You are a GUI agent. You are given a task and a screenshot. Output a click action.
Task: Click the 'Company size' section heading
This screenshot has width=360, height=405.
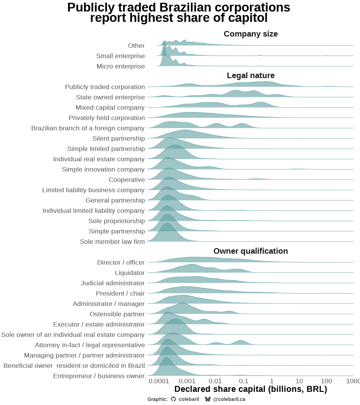[x=251, y=34]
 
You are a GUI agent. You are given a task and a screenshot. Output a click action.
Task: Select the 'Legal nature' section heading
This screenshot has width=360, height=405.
[x=251, y=76]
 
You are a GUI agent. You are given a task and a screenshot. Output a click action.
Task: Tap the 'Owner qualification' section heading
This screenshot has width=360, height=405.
[x=251, y=251]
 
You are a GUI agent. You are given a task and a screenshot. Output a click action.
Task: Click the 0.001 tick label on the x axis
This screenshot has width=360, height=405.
[x=187, y=381]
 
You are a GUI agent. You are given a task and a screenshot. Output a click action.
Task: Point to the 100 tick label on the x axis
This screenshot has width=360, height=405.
[x=327, y=381]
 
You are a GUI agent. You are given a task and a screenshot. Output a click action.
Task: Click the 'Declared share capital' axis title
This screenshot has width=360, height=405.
[x=251, y=389]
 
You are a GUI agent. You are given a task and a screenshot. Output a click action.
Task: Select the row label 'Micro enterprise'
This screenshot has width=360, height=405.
[x=121, y=66]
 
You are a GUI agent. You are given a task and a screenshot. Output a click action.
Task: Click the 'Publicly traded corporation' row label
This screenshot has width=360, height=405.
[x=105, y=87]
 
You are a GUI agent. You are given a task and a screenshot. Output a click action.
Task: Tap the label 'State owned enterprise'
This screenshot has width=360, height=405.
[x=110, y=97]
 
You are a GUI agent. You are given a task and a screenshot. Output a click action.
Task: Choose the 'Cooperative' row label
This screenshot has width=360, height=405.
[x=127, y=180]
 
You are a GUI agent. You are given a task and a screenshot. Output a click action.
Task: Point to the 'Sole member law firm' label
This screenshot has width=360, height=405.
[x=112, y=242]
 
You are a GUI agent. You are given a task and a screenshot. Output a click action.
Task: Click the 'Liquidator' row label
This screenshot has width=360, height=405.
[x=130, y=273]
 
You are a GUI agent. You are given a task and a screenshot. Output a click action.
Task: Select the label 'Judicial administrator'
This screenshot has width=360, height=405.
[x=113, y=283]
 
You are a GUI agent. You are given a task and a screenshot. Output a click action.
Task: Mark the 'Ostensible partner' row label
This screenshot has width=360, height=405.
[x=117, y=314]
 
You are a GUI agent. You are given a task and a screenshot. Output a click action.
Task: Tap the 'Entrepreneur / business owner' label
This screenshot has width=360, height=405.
[x=99, y=376]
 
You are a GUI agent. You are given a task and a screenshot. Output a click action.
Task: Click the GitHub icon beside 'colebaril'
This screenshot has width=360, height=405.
[x=173, y=399]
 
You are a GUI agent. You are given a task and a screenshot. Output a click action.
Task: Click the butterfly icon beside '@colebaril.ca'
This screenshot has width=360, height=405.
[x=208, y=399]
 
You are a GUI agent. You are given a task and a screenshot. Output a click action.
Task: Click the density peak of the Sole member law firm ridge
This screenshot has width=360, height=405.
[x=167, y=224]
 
